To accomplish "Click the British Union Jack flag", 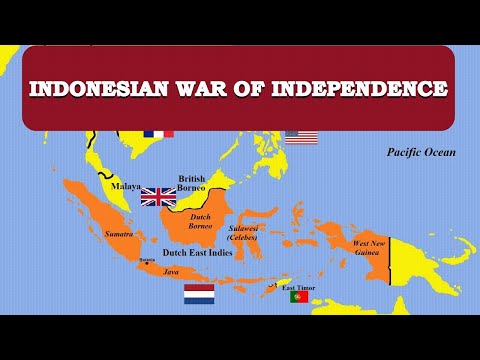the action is (158, 196).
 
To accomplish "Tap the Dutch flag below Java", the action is (199, 294).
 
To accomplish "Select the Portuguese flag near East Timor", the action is (298, 296).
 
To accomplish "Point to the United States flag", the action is (300, 136).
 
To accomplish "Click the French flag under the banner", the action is (158, 132).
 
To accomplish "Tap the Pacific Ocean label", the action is (421, 153).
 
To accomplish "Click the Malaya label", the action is (126, 185).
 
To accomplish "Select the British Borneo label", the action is (191, 183).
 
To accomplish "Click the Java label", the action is (171, 271).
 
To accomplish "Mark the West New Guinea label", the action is (372, 248).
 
